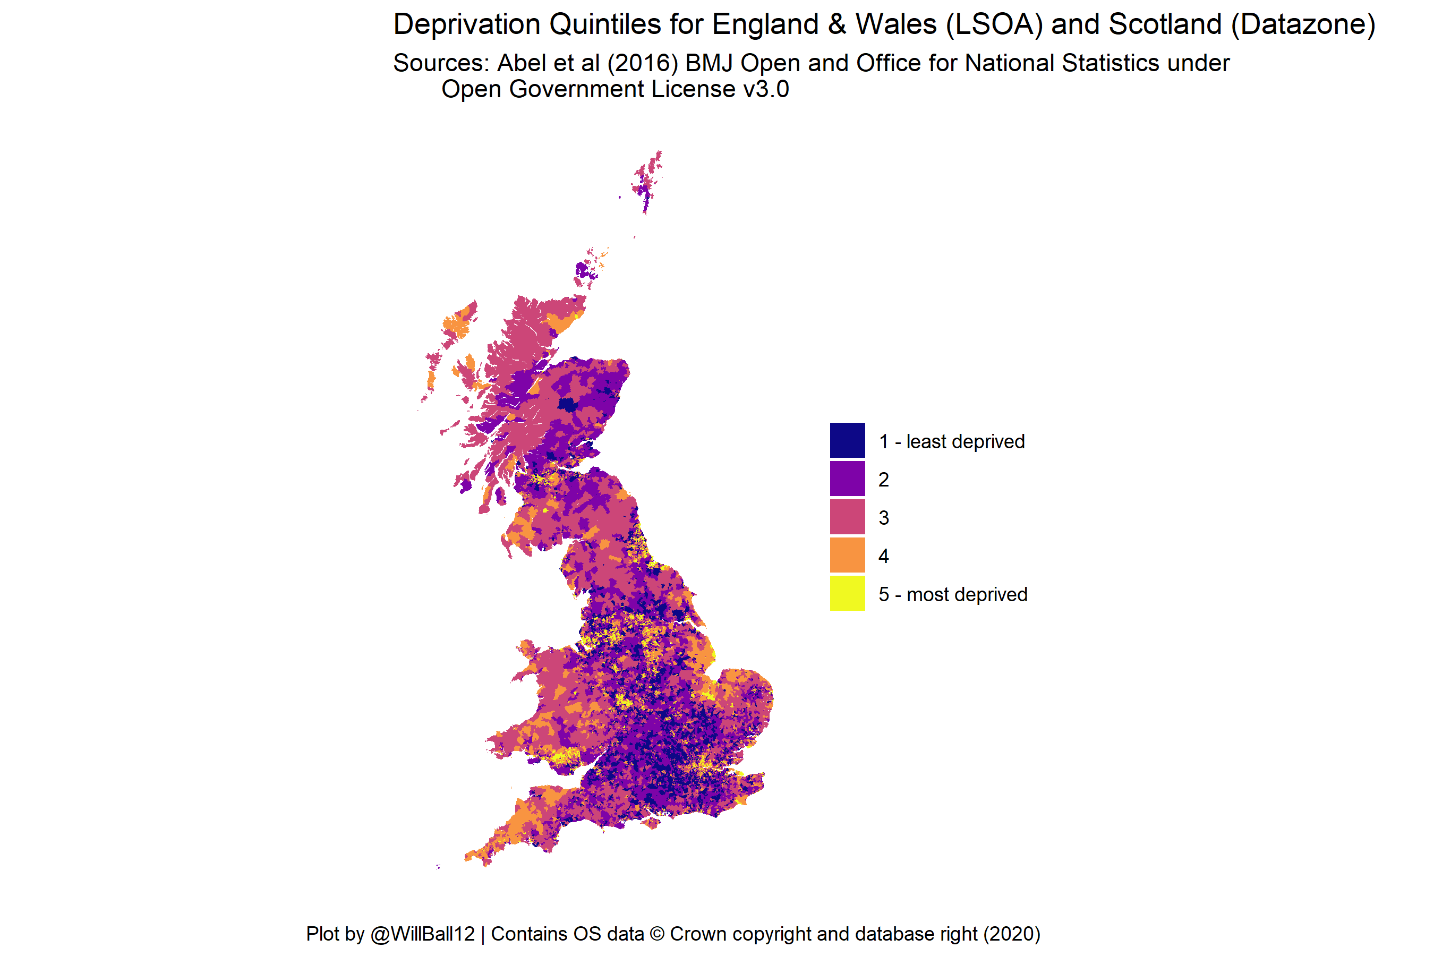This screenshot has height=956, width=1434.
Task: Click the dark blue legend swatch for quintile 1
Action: point(847,440)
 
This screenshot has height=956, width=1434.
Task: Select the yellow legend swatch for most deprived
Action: point(847,593)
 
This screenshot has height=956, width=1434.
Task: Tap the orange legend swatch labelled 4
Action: point(847,555)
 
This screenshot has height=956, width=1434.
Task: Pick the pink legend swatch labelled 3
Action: point(847,517)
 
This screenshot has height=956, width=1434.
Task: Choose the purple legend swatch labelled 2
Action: point(847,479)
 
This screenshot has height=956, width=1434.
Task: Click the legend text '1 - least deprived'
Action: point(951,441)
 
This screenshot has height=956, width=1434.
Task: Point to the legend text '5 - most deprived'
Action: point(952,594)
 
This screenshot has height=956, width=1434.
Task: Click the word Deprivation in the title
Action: point(466,25)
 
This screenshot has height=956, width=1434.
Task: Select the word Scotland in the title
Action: point(1165,25)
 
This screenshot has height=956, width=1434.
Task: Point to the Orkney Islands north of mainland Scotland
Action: point(585,271)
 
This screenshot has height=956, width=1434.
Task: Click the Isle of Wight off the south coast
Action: point(651,823)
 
